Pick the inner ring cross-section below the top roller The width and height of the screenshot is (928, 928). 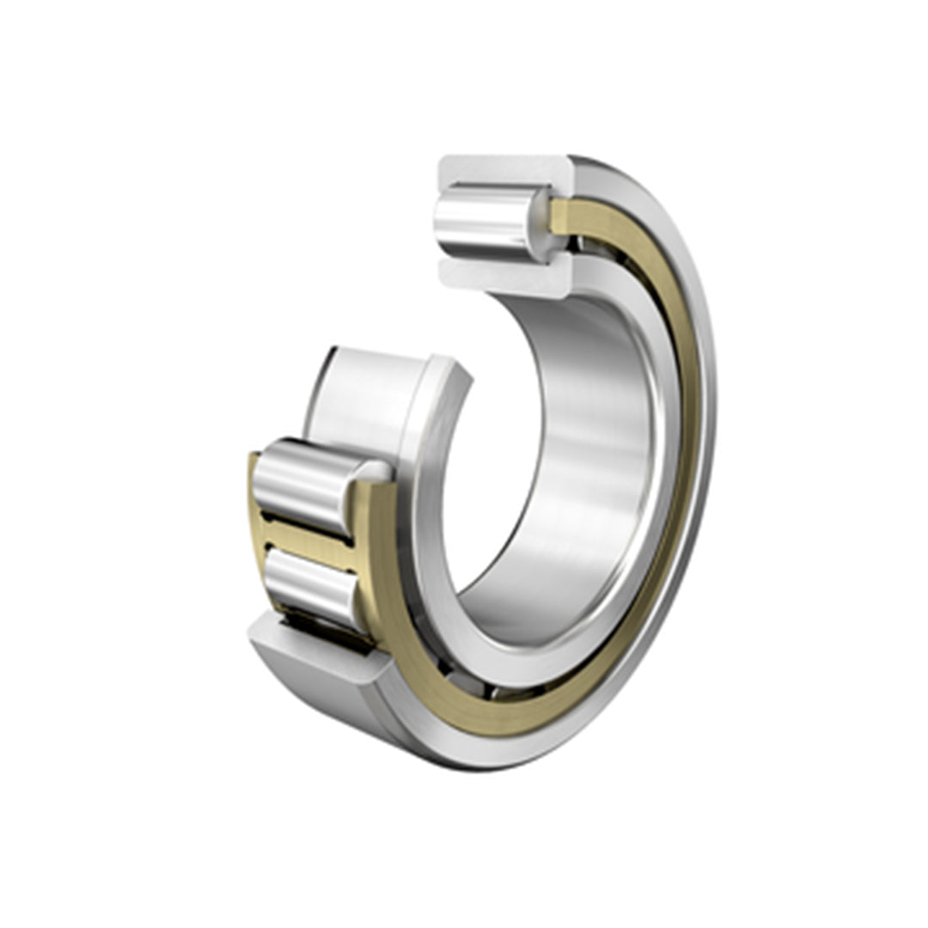click(503, 273)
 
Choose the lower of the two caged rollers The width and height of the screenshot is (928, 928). click(309, 584)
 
